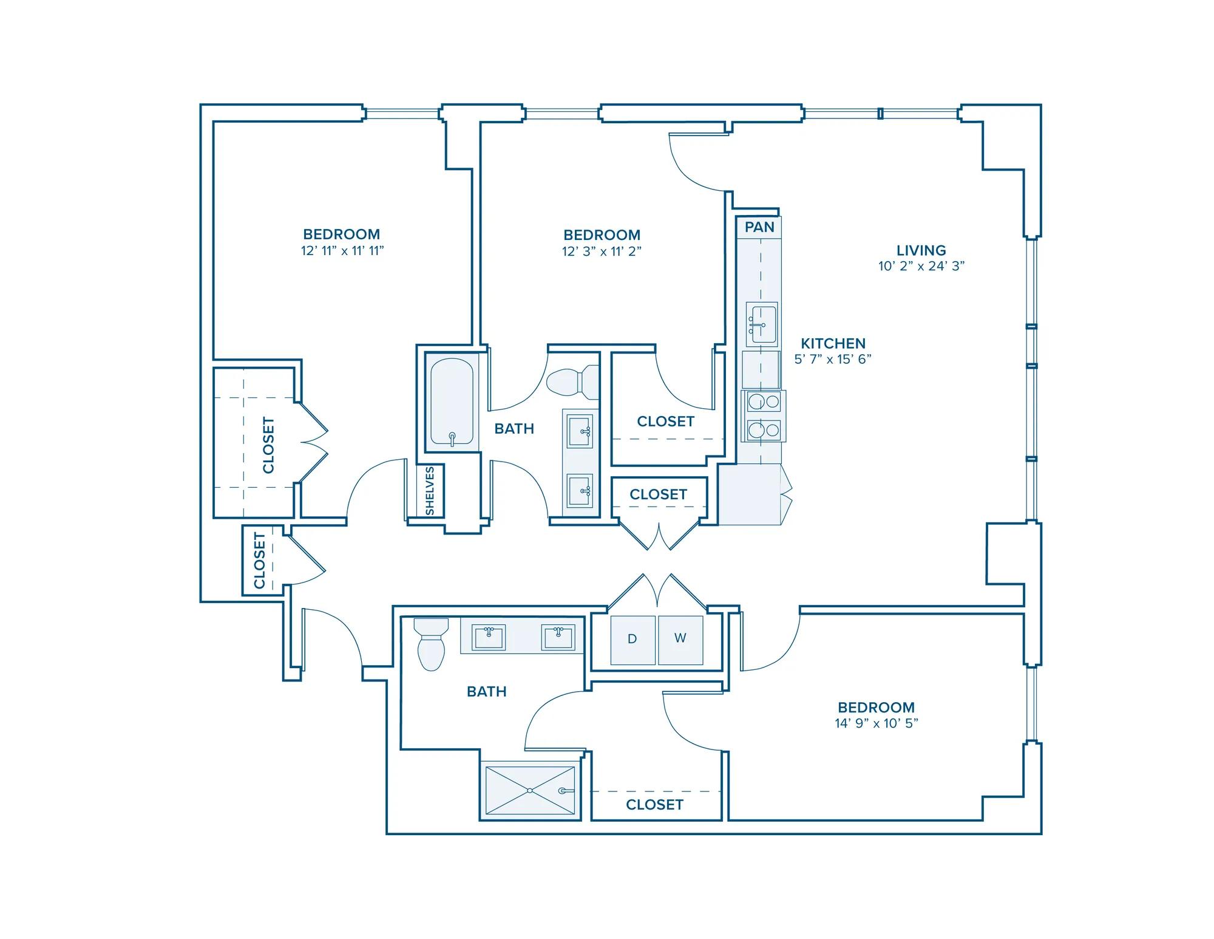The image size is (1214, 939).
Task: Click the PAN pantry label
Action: (759, 227)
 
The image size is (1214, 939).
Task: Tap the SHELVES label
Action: (430, 491)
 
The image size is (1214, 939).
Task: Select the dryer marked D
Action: (632, 640)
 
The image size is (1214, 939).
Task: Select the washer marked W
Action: (680, 640)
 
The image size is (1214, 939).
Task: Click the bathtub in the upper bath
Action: (452, 403)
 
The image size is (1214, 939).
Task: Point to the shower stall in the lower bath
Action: (530, 790)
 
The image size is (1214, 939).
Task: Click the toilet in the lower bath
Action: (431, 644)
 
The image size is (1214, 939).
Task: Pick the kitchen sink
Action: (762, 324)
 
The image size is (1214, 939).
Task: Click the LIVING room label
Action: (921, 250)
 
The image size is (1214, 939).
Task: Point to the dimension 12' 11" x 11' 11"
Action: (342, 251)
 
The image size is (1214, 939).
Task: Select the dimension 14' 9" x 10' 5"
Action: (877, 723)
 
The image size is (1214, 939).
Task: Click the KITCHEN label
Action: (833, 343)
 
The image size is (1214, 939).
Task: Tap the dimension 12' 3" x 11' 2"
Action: (602, 251)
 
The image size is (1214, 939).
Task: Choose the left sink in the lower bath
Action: (489, 637)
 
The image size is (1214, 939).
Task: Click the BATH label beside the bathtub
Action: (514, 429)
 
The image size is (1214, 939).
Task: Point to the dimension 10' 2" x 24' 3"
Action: (921, 266)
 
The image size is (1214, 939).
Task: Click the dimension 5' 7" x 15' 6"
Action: (833, 359)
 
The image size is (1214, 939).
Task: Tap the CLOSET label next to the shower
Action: (654, 805)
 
